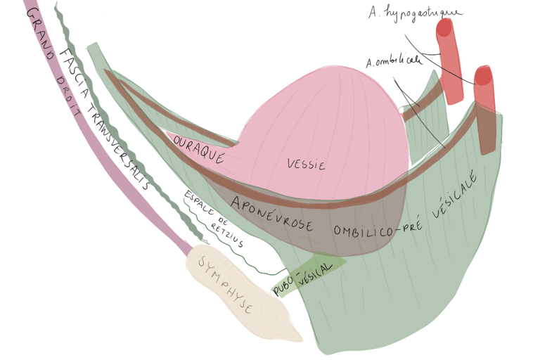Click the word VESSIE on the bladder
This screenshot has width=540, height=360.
306,165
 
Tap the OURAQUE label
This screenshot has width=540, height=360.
199,146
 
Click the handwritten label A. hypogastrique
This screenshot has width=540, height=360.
415,13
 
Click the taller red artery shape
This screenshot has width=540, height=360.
447,60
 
